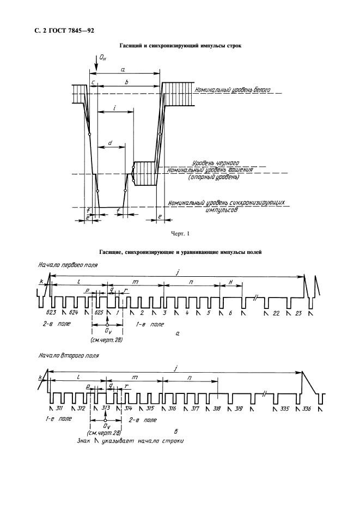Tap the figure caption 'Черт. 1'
(180, 233)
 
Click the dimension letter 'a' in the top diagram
(123, 69)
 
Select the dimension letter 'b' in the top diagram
(126, 82)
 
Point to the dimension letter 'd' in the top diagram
(111, 143)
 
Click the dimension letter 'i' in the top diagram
(115, 108)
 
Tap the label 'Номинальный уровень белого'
(233, 90)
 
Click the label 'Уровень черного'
(216, 163)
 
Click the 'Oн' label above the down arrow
(103, 58)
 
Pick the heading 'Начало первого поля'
(68, 265)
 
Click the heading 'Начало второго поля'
(68, 355)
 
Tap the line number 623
(51, 313)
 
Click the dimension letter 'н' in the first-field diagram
(230, 282)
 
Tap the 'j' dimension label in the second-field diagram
(176, 368)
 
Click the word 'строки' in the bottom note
(172, 441)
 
